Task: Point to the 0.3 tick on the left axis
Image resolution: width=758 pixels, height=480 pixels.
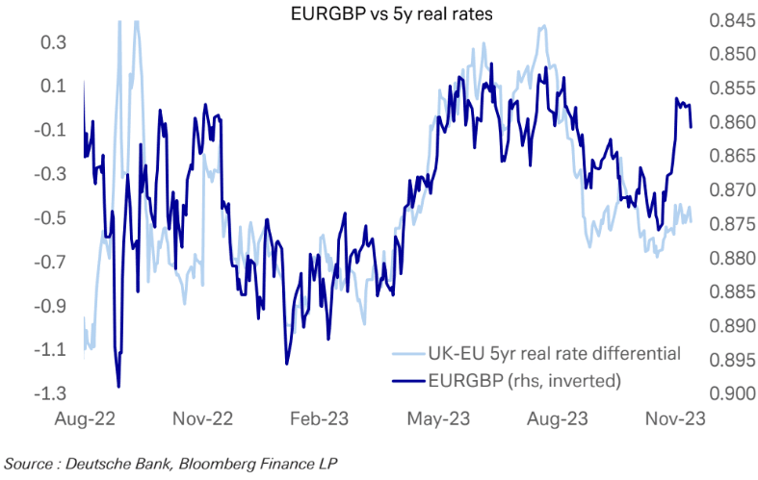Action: click(53, 42)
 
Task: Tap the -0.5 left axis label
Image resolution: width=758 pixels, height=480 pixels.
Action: click(50, 217)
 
